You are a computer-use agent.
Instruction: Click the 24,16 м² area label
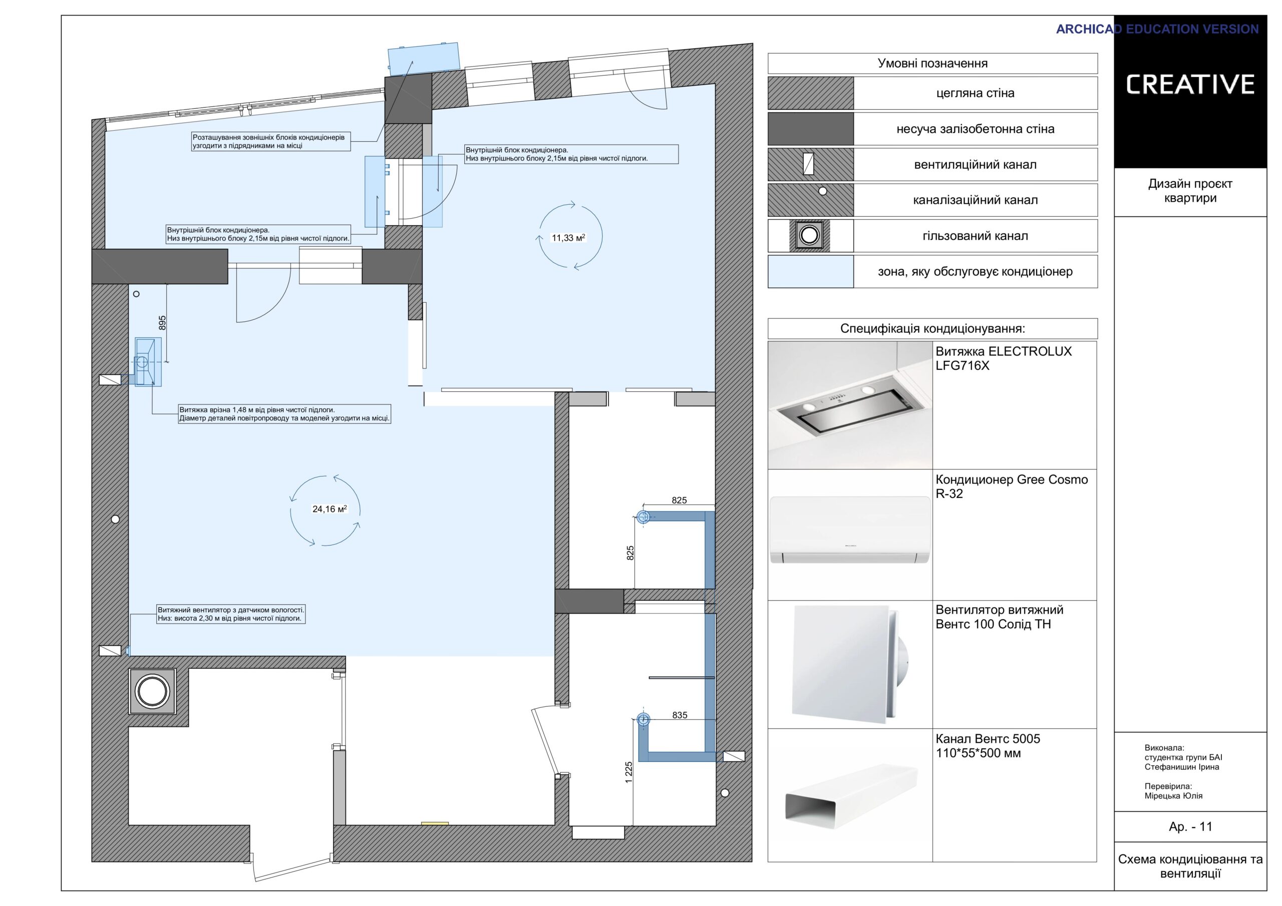(330, 509)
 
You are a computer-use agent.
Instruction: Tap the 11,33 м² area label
(568, 238)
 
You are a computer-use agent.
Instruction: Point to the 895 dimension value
(162, 323)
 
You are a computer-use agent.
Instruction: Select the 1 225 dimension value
(628, 772)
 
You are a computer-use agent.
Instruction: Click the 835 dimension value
(680, 715)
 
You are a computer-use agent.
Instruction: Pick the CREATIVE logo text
(1190, 84)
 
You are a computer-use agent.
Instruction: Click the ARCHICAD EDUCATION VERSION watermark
(1157, 29)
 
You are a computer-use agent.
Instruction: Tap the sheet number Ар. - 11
(1190, 827)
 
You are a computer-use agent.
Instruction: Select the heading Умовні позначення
(932, 64)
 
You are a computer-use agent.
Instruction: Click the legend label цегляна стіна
(975, 93)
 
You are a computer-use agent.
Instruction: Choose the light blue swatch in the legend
(811, 272)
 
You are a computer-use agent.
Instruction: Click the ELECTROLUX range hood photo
(850, 405)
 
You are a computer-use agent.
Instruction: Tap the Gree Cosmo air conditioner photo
(850, 530)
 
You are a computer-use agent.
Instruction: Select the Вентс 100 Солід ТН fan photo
(849, 664)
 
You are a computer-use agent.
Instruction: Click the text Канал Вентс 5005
(988, 739)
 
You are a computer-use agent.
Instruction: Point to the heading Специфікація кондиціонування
(932, 329)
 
